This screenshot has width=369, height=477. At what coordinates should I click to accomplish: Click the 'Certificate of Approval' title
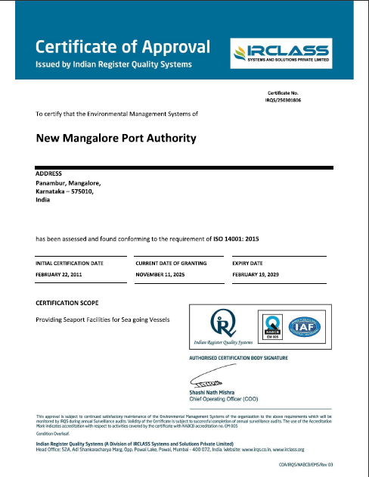pyautogui.click(x=122, y=46)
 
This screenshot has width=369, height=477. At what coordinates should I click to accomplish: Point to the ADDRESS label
pyautogui.click(x=49, y=173)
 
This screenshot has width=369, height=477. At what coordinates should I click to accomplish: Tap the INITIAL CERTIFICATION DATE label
pyautogui.click(x=70, y=262)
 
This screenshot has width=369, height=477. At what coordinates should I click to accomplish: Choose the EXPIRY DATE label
pyautogui.click(x=249, y=262)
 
